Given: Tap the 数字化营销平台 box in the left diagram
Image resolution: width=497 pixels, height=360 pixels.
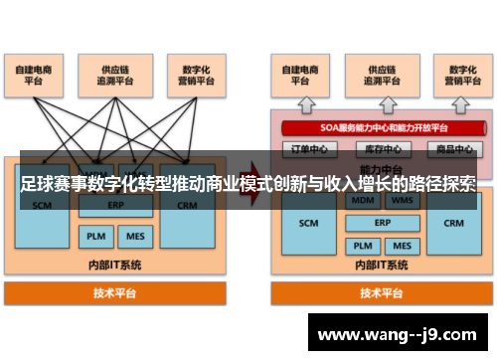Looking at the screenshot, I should (191, 75).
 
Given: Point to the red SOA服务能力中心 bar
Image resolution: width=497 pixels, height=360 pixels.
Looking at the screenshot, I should (378, 127).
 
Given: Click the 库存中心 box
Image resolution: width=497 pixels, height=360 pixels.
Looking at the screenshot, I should (379, 149).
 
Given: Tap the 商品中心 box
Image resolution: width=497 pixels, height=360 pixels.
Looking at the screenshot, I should (452, 149).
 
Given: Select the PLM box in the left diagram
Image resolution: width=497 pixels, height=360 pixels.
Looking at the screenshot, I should (94, 237).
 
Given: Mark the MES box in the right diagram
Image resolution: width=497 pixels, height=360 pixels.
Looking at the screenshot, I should (401, 245).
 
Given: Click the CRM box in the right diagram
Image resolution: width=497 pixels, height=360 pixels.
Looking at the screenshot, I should (453, 224).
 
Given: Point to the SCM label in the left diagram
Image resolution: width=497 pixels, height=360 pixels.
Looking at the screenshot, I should (43, 206).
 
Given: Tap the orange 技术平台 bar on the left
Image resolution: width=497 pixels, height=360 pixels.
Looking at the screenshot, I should (115, 293).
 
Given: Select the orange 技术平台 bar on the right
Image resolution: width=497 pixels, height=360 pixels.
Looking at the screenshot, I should (381, 293).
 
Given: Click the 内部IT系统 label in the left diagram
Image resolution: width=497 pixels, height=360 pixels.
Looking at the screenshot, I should (115, 265).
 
